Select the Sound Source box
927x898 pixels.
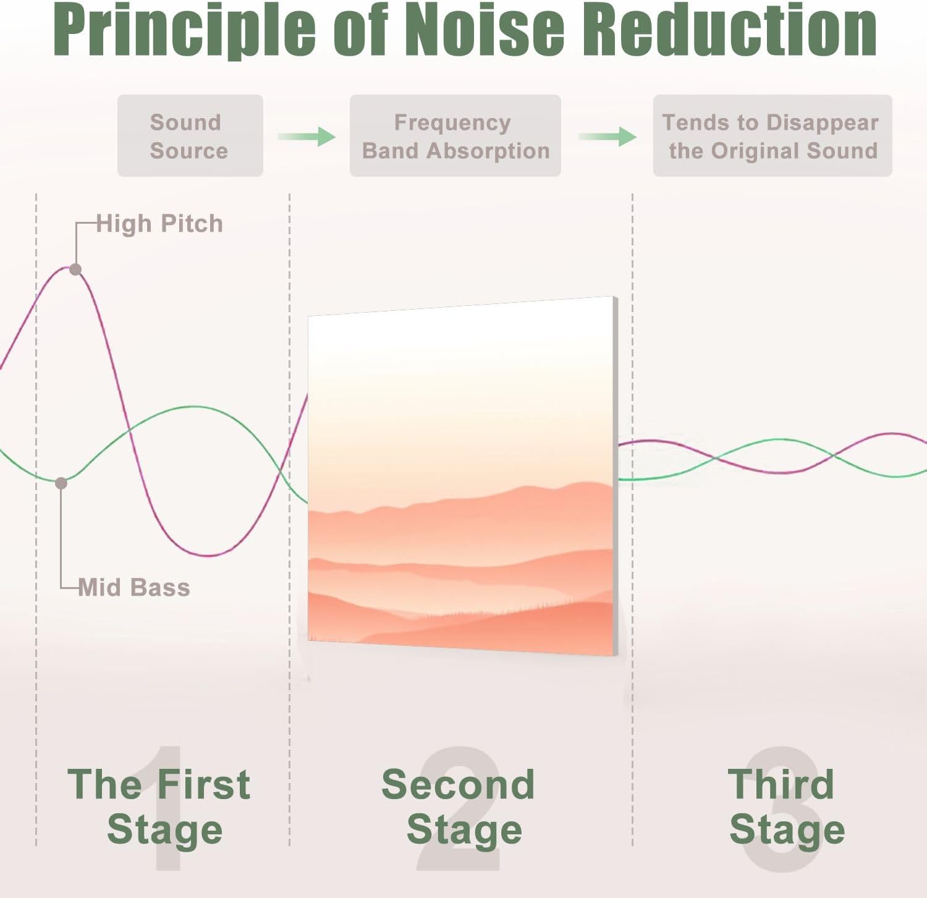pyautogui.click(x=190, y=135)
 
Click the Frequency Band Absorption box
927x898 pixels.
pyautogui.click(x=455, y=135)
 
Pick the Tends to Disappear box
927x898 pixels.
pyautogui.click(x=772, y=135)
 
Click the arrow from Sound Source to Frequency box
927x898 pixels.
pyautogui.click(x=307, y=136)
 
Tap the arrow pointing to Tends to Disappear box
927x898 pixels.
pyautogui.click(x=607, y=136)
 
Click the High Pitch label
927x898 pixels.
pyautogui.click(x=159, y=224)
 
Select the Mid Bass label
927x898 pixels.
pyautogui.click(x=134, y=587)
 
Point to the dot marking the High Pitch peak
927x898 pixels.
pyautogui.click(x=75, y=269)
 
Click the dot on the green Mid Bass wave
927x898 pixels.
pyautogui.click(x=61, y=483)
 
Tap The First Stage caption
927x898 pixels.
pyautogui.click(x=159, y=807)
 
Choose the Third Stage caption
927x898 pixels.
pyautogui.click(x=786, y=807)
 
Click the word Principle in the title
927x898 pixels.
pyautogui.click(x=184, y=31)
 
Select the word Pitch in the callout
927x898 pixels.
pyautogui.click(x=192, y=224)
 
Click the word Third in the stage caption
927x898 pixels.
pyautogui.click(x=781, y=784)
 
